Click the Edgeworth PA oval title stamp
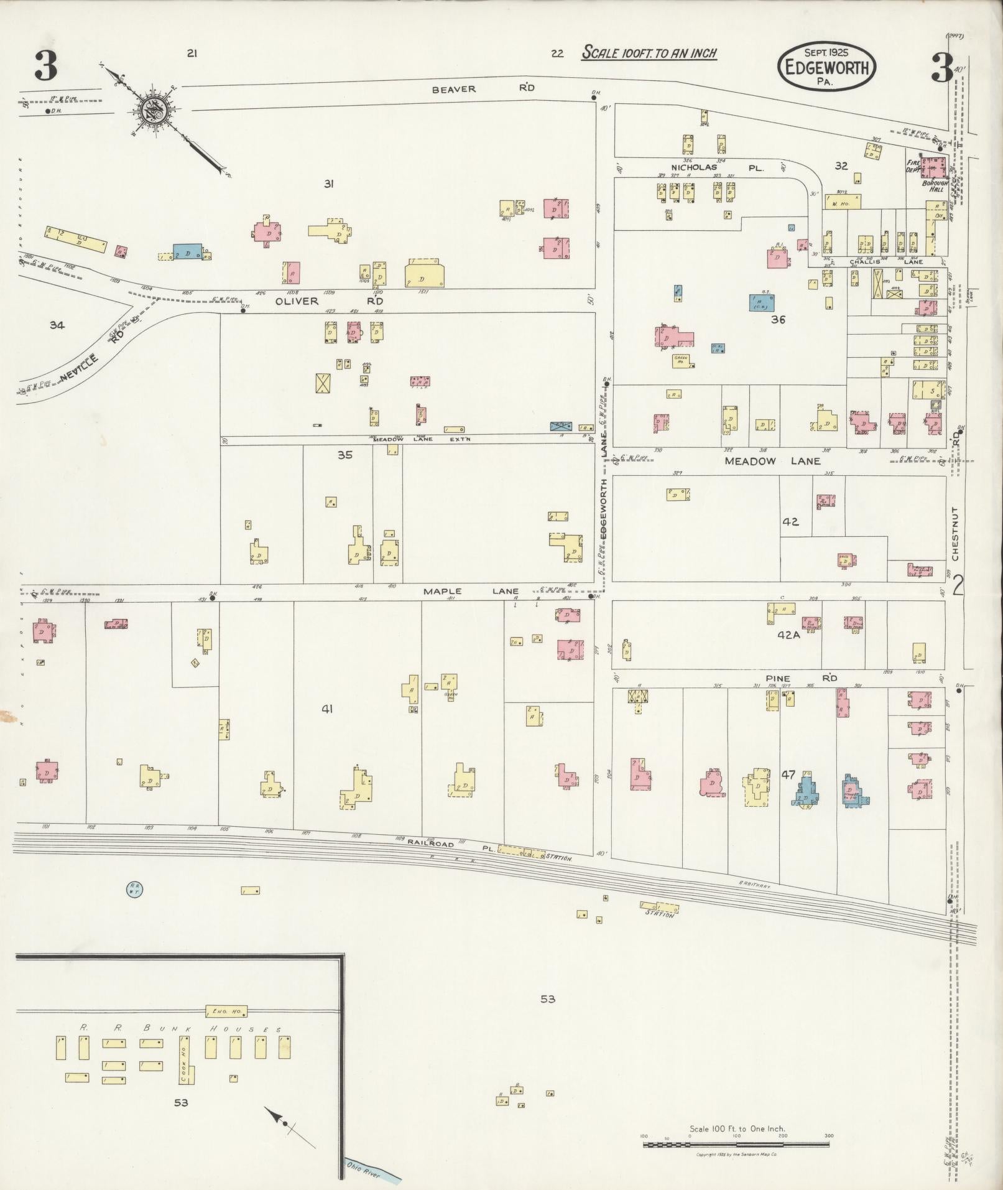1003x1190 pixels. [x=826, y=67]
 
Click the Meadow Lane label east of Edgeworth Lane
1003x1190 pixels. [x=772, y=461]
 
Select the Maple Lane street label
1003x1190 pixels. [x=471, y=591]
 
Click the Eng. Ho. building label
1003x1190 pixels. [x=227, y=1011]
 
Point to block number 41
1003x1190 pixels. [x=327, y=709]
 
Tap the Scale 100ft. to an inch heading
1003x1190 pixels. [x=649, y=53]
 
